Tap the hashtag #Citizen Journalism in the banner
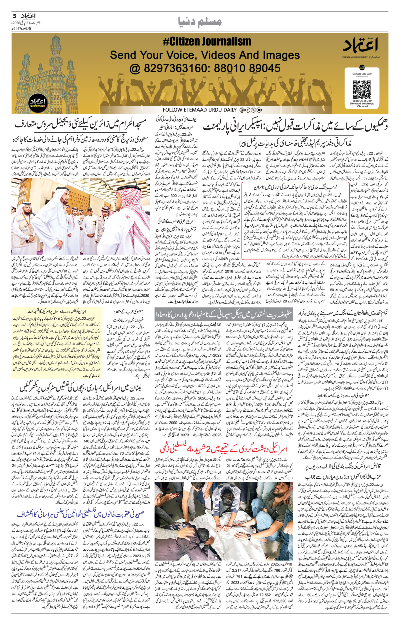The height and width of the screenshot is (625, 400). coord(207,41)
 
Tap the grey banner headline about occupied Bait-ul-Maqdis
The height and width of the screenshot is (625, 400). coord(223,314)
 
